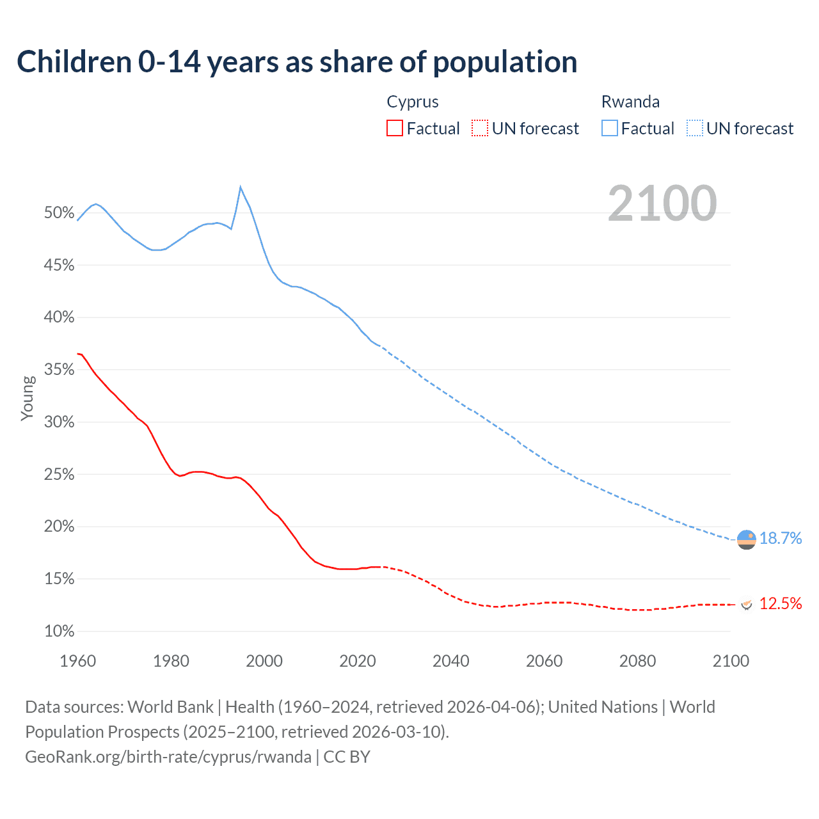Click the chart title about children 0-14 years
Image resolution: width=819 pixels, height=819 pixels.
tap(297, 62)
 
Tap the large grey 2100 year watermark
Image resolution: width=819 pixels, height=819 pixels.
tap(662, 203)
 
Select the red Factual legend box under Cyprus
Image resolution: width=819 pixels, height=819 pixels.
tap(395, 129)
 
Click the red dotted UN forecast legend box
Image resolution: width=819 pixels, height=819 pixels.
tap(480, 129)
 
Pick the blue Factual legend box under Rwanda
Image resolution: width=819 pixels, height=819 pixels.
tap(610, 129)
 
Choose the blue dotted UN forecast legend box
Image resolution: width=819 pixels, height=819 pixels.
tap(695, 129)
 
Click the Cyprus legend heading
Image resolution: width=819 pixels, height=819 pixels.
tap(413, 102)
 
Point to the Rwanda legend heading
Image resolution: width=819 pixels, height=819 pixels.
tap(630, 102)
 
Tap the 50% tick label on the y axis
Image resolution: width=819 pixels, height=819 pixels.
tap(60, 213)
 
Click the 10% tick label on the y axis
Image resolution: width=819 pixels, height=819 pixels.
tap(60, 632)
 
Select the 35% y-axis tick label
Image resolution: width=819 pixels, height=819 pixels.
tap(60, 370)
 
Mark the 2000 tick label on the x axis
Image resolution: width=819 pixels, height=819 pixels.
tap(264, 661)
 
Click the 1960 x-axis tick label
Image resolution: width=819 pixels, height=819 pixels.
tap(77, 661)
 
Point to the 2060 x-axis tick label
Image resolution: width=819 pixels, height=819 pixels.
tap(544, 661)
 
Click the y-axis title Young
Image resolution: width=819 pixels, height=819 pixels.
tap(28, 398)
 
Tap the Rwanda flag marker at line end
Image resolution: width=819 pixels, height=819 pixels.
tap(746, 540)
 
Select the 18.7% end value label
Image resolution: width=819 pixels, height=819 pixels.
tap(781, 539)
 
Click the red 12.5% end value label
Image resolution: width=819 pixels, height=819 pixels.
tap(781, 603)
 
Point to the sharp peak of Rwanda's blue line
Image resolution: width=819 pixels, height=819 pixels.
tap(240, 187)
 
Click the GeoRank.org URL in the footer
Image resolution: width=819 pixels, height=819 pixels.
tap(168, 757)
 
